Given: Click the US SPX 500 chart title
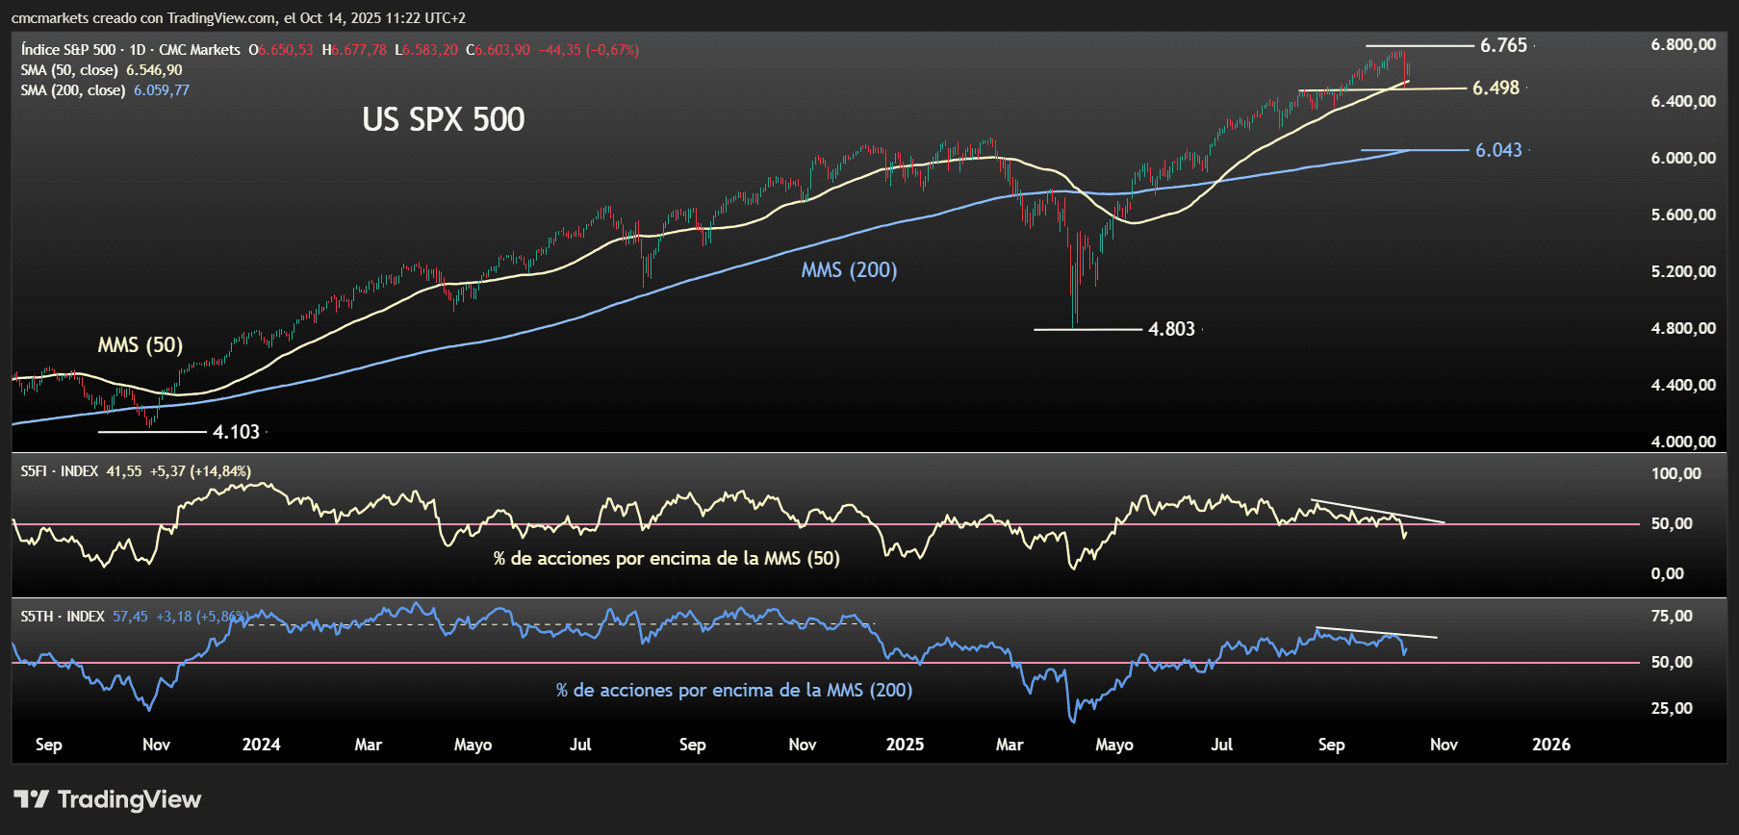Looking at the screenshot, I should click(444, 119).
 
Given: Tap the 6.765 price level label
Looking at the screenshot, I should click(1503, 45).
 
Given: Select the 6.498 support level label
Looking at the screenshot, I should click(1496, 88).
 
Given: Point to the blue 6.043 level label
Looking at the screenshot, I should click(1498, 150).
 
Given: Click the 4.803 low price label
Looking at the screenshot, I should click(1171, 329).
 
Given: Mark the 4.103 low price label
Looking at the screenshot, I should click(236, 432).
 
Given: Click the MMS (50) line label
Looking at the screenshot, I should click(141, 344).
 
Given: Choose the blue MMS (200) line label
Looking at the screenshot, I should click(849, 270).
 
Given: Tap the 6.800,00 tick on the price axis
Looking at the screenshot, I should click(1682, 44).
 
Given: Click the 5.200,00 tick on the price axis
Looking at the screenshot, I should click(1682, 271).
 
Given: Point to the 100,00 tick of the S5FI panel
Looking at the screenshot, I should click(1675, 473).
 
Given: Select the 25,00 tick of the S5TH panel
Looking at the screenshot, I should click(1672, 708).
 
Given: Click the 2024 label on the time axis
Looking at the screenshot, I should click(261, 745).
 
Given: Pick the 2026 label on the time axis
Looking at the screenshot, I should click(1551, 745).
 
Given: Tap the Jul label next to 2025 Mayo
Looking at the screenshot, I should click(1221, 745).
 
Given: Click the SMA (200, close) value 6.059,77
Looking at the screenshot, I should click(161, 90).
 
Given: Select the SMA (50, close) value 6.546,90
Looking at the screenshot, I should click(154, 70).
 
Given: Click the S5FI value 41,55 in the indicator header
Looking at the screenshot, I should click(123, 471).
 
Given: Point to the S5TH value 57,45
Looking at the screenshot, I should click(130, 617).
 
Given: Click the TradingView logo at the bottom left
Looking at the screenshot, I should click(108, 799).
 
